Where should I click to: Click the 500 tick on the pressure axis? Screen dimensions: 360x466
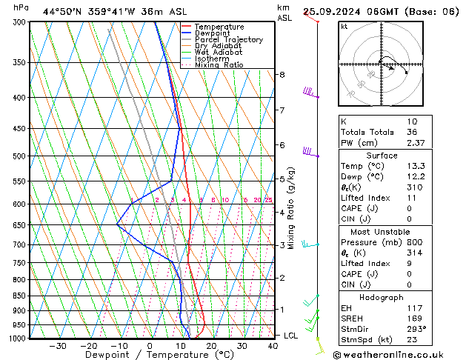click(x=20, y=156)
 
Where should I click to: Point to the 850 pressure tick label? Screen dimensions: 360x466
click(x=20, y=296)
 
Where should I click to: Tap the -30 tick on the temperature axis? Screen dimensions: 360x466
click(x=58, y=345)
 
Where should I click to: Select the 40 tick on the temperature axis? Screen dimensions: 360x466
click(x=273, y=345)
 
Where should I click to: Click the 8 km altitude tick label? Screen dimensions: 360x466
click(x=282, y=75)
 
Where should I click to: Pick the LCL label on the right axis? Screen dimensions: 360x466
click(x=290, y=336)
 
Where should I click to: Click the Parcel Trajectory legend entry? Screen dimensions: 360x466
click(x=228, y=40)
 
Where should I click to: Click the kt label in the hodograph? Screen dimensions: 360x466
click(x=344, y=27)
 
